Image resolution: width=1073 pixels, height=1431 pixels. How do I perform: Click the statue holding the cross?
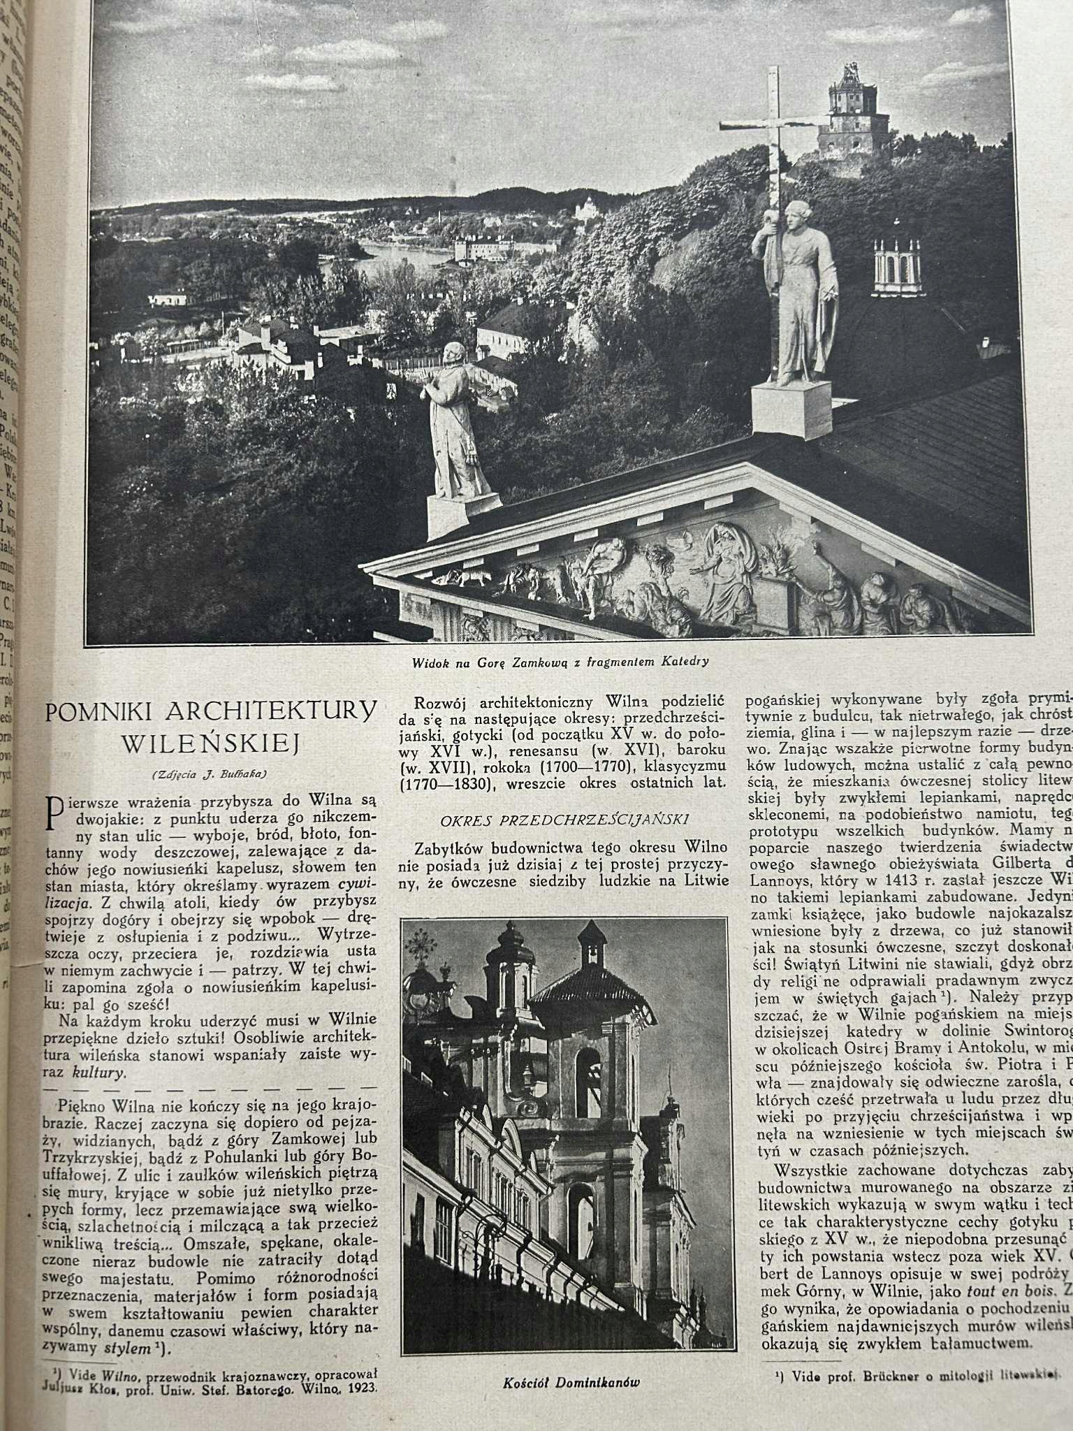tap(796, 293)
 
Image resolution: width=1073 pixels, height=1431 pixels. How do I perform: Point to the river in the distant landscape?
tap(405, 253)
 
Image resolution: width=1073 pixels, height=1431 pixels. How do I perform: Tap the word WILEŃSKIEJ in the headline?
tap(210, 743)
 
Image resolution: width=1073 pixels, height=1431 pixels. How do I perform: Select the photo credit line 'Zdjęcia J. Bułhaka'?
tap(210, 773)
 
